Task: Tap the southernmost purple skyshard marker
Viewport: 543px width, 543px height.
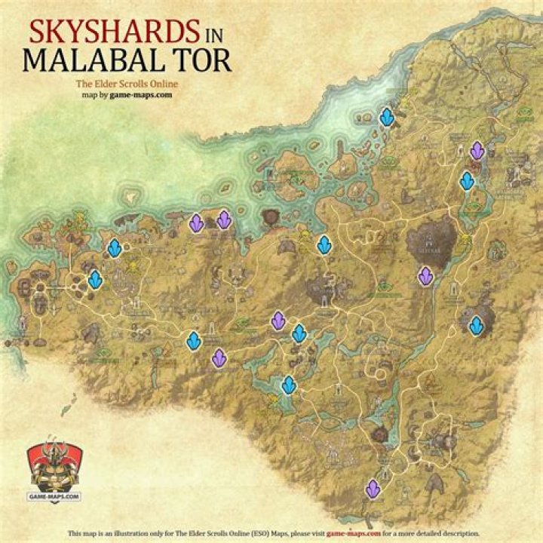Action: click(372, 489)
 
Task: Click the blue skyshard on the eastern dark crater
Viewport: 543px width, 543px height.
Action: click(476, 325)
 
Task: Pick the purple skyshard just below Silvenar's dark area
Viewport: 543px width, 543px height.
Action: click(425, 276)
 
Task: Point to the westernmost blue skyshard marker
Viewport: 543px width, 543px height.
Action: click(95, 279)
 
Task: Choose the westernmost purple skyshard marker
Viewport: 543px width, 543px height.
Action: click(196, 222)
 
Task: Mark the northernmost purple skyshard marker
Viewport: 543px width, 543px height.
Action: click(477, 150)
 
